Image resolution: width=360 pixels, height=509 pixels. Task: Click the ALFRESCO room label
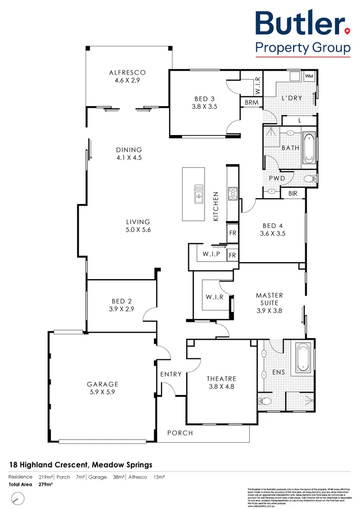pyautogui.click(x=128, y=72)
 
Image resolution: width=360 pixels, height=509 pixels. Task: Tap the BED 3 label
pyautogui.click(x=204, y=98)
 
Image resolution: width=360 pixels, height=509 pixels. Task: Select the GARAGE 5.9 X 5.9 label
pyautogui.click(x=102, y=384)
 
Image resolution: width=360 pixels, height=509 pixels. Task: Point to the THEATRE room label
pyautogui.click(x=222, y=379)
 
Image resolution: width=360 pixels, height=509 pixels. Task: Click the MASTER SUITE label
pyautogui.click(x=269, y=295)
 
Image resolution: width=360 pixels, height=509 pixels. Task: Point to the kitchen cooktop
pyautogui.click(x=232, y=193)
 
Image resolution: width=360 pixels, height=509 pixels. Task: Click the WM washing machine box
pyautogui.click(x=309, y=76)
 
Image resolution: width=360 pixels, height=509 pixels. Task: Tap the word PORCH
pyautogui.click(x=179, y=433)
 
